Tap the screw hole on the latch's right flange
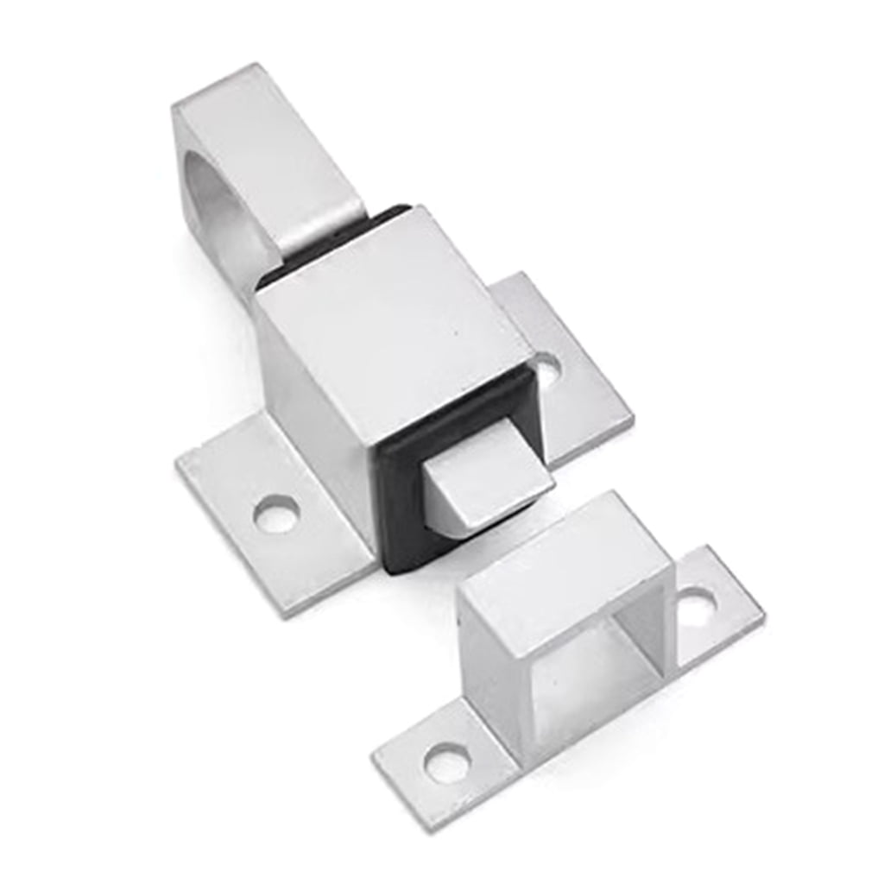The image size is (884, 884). point(546,369)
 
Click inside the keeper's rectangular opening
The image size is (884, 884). point(596,665)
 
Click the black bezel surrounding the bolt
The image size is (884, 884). point(406,518)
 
